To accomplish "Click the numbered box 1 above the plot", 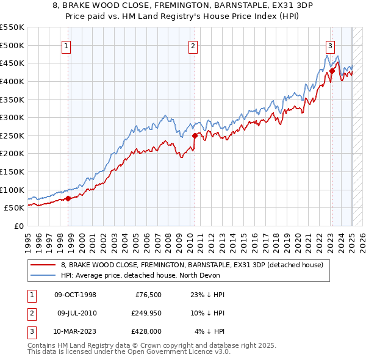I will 65,45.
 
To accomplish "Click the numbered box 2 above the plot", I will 193,45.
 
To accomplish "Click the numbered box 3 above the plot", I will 330,45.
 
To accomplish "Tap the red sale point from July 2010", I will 195,135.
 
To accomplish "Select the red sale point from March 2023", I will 332,71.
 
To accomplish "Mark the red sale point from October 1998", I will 68,198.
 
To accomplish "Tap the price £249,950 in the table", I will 145,313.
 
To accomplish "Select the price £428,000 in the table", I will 145,331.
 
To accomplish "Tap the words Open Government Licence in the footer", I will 176,352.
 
